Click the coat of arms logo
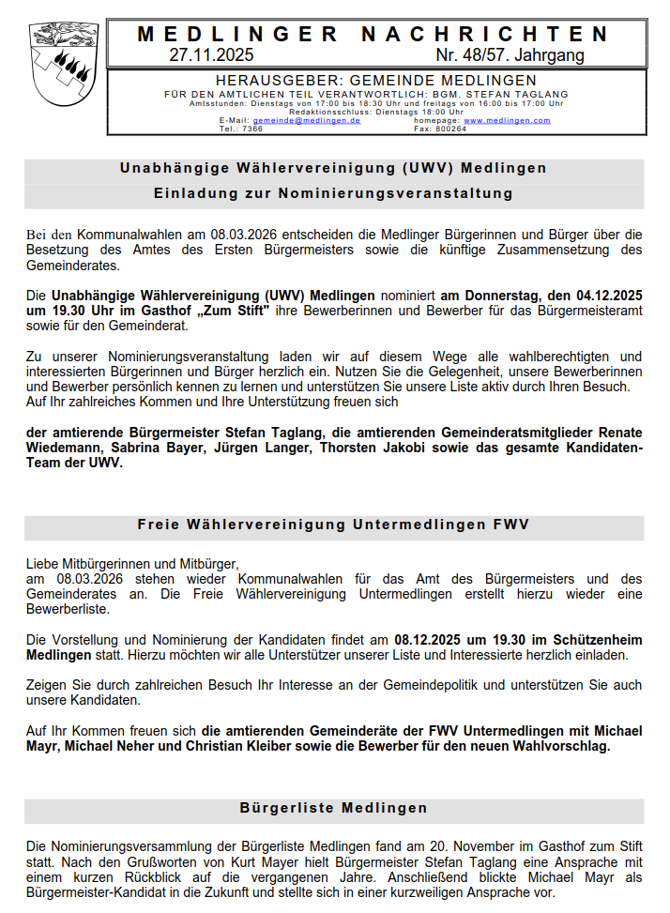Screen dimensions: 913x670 [65, 63]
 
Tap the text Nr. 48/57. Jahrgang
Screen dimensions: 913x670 [510, 55]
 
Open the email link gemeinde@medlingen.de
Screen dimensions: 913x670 [306, 121]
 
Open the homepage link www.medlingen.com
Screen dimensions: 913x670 [507, 121]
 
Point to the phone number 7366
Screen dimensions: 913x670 [252, 129]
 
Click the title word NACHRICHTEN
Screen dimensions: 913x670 [485, 35]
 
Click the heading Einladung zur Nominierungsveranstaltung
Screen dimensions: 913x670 [334, 193]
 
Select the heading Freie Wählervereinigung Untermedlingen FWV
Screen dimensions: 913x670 [334, 524]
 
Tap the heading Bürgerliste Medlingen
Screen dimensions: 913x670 [334, 808]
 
